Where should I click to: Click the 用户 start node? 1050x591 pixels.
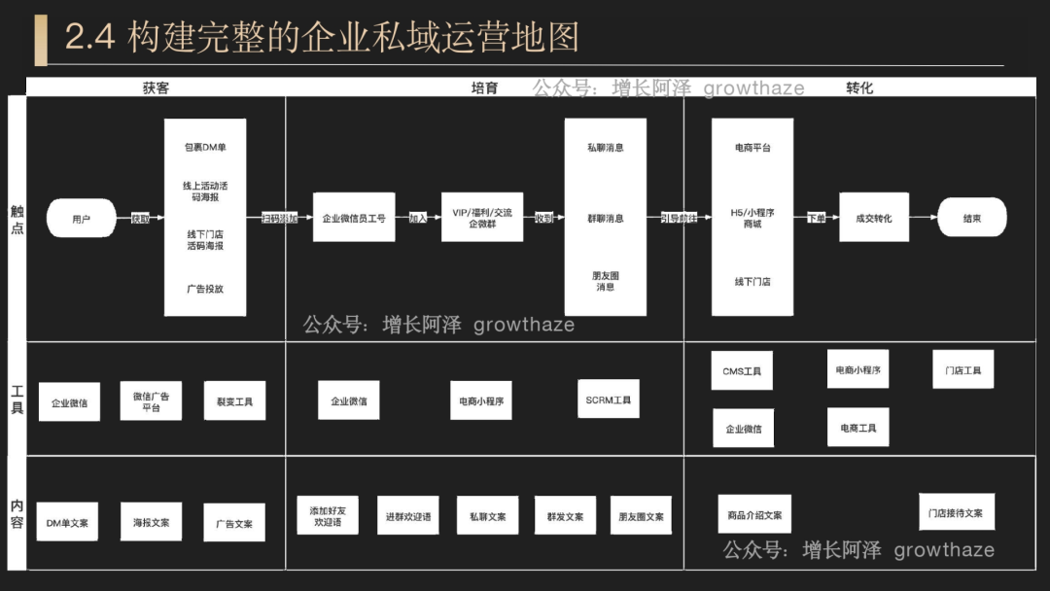(x=81, y=219)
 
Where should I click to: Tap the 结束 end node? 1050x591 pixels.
(x=972, y=218)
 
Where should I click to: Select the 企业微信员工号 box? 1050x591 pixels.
(x=354, y=218)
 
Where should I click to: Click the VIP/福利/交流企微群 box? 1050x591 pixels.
(x=481, y=218)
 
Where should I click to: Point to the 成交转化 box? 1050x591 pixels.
(x=873, y=218)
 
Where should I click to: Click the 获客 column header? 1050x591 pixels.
(x=156, y=87)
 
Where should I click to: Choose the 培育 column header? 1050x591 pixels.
(x=484, y=87)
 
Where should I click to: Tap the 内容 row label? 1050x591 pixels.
(x=17, y=513)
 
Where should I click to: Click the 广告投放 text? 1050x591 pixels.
(x=205, y=289)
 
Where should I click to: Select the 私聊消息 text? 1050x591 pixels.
(x=605, y=148)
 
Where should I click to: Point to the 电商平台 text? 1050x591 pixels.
(x=752, y=148)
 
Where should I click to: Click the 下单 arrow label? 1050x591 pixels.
(x=817, y=219)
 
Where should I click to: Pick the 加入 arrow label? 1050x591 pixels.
(x=418, y=219)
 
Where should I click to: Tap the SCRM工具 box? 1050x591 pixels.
(x=608, y=400)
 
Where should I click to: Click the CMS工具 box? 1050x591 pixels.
(x=742, y=371)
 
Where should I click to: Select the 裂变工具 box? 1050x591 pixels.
(x=234, y=400)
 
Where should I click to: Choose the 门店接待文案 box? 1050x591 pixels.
(x=955, y=512)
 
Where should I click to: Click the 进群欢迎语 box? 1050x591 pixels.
(x=407, y=516)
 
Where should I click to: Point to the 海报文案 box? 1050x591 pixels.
(x=151, y=522)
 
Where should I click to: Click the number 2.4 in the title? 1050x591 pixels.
(x=89, y=38)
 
